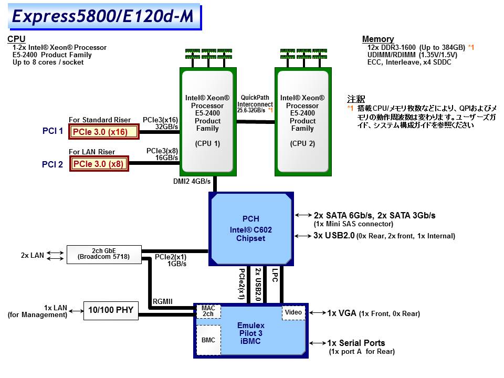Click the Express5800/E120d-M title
tap(103, 16)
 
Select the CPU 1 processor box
tap(207, 120)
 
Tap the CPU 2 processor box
tap(302, 120)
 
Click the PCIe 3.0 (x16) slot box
tap(104, 131)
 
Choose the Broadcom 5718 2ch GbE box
tap(103, 254)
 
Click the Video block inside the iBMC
tap(293, 312)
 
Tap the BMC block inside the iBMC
tap(208, 340)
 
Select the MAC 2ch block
tap(208, 311)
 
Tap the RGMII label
tap(163, 301)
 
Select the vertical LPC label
tap(275, 276)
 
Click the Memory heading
tap(378, 39)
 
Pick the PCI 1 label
tap(52, 131)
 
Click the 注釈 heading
tap(356, 99)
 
